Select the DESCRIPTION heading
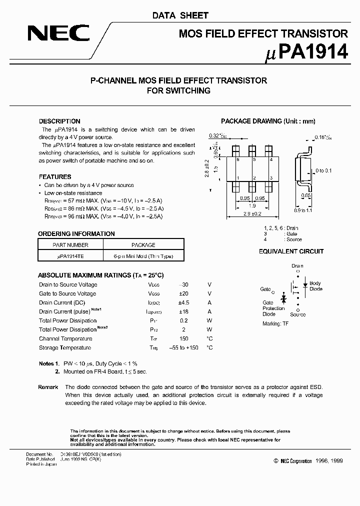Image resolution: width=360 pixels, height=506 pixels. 59,121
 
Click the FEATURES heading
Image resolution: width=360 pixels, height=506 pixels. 55,176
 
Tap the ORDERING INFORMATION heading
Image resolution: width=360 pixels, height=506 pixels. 76,233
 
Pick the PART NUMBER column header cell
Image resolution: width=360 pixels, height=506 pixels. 70,245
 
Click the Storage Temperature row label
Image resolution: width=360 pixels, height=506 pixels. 65,347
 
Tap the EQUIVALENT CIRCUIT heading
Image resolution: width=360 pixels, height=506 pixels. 291,251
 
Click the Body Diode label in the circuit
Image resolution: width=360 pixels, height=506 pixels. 315,286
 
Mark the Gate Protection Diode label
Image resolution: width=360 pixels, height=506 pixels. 273,308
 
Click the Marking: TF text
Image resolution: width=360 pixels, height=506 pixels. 275,323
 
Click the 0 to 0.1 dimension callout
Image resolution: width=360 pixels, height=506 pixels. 324,170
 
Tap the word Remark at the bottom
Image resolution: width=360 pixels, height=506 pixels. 48,387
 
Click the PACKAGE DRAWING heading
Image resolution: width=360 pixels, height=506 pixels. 268,121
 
